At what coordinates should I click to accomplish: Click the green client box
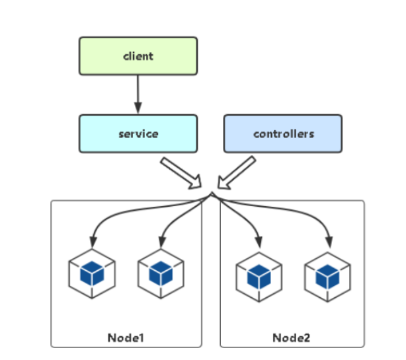click(138, 56)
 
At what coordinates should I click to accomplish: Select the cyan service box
click(138, 133)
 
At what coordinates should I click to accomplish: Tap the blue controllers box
click(283, 133)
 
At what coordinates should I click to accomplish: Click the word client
click(138, 56)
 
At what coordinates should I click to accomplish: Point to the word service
click(138, 133)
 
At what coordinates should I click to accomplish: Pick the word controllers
click(284, 133)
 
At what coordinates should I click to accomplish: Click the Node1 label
click(126, 338)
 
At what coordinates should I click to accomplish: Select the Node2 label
click(292, 338)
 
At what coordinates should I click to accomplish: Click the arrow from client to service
click(138, 94)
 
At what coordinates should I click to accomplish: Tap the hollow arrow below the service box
click(181, 173)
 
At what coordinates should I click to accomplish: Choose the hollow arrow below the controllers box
click(236, 173)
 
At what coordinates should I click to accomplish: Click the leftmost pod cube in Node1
click(92, 273)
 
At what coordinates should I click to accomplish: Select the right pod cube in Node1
click(161, 273)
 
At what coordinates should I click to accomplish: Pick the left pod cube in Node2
click(259, 277)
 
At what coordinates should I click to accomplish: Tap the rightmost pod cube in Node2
click(327, 277)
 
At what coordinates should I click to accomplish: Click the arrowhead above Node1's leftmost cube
click(93, 242)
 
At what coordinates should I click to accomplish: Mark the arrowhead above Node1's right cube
click(162, 242)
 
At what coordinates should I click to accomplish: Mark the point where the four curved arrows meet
click(212, 194)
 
